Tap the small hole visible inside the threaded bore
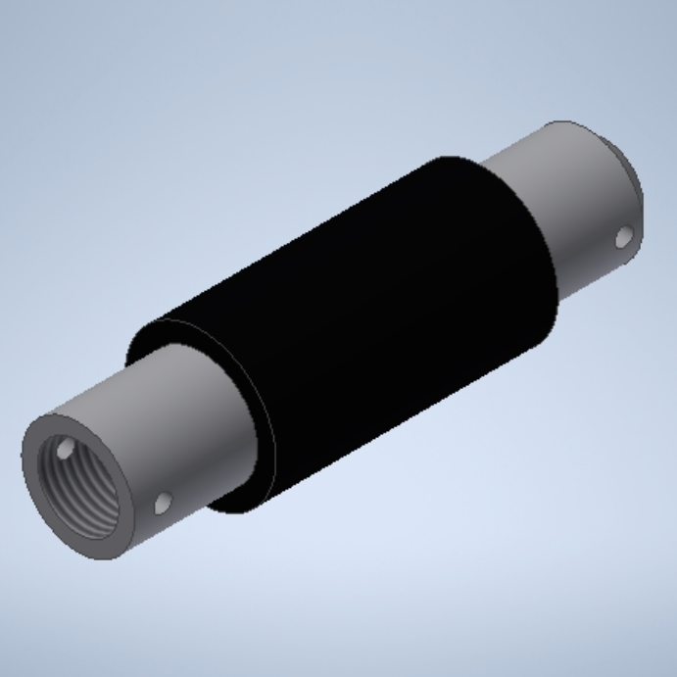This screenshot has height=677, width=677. (x=65, y=452)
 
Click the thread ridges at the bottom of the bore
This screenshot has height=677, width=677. (x=93, y=514)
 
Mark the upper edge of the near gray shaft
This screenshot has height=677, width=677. (x=108, y=377)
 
